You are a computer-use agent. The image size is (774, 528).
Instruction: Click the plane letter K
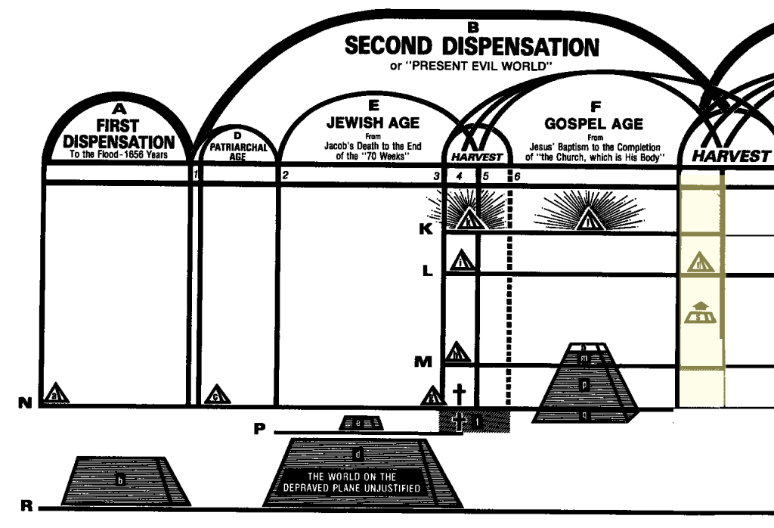426,228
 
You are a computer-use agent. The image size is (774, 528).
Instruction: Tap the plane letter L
427,270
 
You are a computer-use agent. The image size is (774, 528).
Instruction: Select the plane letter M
424,362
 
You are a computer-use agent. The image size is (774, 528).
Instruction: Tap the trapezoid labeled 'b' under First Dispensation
121,480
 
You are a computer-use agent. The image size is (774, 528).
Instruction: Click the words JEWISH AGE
373,122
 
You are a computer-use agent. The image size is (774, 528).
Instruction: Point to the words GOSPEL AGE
594,123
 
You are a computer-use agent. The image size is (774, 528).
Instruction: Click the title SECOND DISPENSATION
472,47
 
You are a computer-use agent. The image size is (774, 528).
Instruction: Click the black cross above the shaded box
459,393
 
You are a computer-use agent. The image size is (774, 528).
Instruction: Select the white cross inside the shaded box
458,422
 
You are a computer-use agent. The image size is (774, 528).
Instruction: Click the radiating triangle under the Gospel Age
587,219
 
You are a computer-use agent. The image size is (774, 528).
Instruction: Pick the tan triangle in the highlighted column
699,262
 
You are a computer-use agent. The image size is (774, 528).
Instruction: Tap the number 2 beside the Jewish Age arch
286,176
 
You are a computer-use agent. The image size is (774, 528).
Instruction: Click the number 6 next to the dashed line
517,177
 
